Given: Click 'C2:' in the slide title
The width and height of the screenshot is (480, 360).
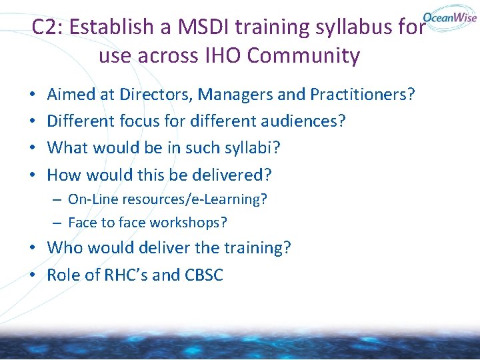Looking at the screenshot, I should tap(47, 27).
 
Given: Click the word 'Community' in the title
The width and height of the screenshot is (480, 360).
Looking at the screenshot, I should tap(303, 55).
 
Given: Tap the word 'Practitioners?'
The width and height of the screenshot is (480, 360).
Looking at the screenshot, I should tap(363, 95).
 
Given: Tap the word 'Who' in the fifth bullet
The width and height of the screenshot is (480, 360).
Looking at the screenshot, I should tap(64, 248).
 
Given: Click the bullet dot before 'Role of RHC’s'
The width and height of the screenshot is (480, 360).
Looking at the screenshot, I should tap(33, 275).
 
